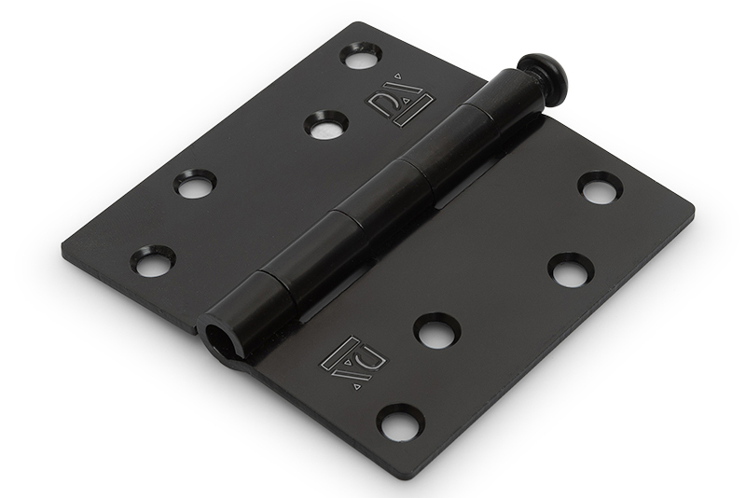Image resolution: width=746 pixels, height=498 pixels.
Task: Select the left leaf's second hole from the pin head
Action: coord(326,124)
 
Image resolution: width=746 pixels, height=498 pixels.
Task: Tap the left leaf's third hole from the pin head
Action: coord(195,184)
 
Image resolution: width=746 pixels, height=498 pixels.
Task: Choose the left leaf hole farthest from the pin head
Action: coord(153,260)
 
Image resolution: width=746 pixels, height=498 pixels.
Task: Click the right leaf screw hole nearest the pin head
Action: coord(601,187)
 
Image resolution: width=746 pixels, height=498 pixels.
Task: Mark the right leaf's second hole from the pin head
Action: coord(571,270)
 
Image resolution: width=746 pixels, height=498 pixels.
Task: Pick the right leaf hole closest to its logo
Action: coord(436,330)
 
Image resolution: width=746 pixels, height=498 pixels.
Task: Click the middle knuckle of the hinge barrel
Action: coord(382,196)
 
